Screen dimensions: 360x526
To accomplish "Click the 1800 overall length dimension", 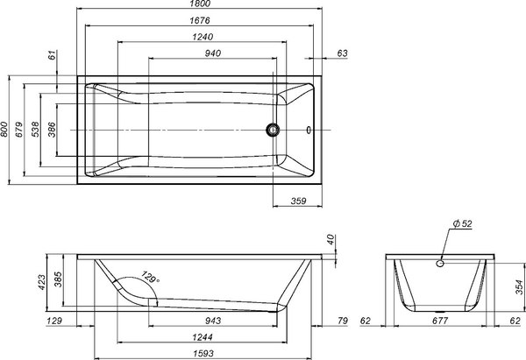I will pyautogui.click(x=202, y=5).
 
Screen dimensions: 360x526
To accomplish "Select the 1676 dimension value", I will pyautogui.click(x=201, y=21).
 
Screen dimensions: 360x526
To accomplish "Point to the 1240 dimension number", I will pyautogui.click(x=201, y=37).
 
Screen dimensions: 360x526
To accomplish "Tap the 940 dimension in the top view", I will pyautogui.click(x=211, y=53).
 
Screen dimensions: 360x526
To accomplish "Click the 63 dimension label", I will pyautogui.click(x=342, y=54).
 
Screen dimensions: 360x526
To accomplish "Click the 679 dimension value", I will pyautogui.click(x=19, y=131).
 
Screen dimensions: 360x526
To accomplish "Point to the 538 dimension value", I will pyautogui.click(x=36, y=131).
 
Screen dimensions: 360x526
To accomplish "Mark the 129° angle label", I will pyautogui.click(x=151, y=279).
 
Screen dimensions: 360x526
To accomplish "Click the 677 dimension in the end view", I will pyautogui.click(x=442, y=322).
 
